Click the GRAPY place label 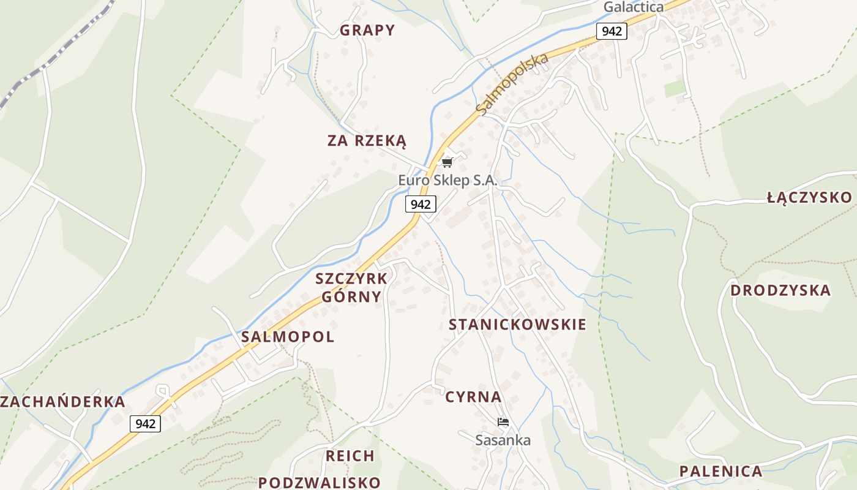point(367,30)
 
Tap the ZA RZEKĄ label point(367,141)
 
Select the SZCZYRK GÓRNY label point(351,288)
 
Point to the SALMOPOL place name point(288,337)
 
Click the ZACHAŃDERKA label point(62,402)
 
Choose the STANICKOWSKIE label point(517,325)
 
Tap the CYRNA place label point(473,397)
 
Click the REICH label point(350,456)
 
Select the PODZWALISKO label point(319,482)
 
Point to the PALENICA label point(720,472)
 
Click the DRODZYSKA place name point(780,290)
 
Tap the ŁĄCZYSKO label point(809,197)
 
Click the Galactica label point(634,7)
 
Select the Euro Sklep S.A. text point(447,181)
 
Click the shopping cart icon point(447,162)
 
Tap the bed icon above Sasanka point(503,422)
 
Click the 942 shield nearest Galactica point(612,31)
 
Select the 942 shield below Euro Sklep point(421,204)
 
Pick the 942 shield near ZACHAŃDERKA point(145,423)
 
